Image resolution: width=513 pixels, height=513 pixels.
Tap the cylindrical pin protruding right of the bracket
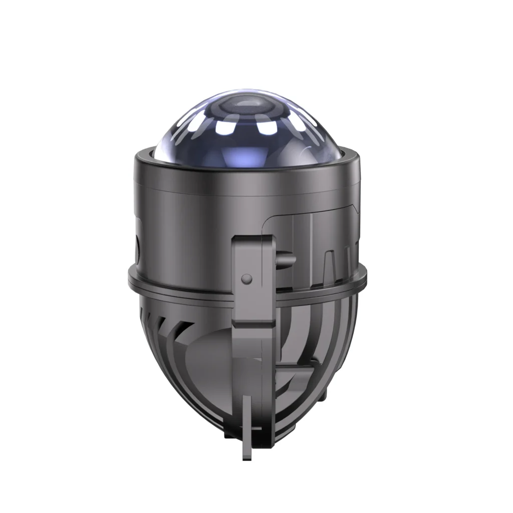(x=287, y=260)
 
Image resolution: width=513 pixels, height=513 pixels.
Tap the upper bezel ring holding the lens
(x=245, y=165)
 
